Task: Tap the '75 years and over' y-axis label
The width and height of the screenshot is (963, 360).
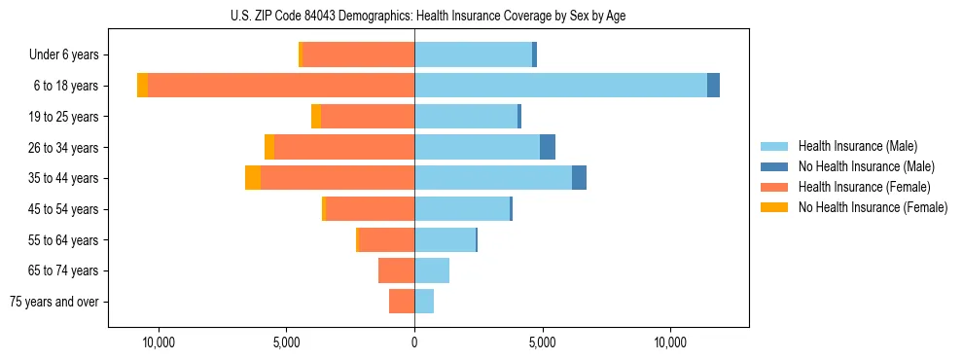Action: pos(54,302)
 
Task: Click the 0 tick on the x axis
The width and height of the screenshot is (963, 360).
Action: pos(414,342)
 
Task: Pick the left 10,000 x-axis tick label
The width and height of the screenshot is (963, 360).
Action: pos(158,342)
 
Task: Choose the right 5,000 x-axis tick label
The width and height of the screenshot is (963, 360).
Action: pos(542,342)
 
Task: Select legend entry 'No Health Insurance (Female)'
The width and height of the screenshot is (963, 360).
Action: pos(873,207)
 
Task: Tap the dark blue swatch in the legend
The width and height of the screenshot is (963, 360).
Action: pos(773,166)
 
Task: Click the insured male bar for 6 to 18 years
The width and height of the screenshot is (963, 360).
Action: pos(560,86)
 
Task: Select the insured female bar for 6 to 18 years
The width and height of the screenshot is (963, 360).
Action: pos(281,86)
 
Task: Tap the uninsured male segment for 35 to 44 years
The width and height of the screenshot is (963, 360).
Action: pos(579,178)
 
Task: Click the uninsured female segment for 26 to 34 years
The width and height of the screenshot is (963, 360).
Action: pos(269,147)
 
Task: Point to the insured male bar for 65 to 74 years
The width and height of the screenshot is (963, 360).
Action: pos(432,270)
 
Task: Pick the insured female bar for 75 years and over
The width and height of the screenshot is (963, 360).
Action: pos(402,302)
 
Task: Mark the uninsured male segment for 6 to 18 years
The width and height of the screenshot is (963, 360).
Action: pos(713,86)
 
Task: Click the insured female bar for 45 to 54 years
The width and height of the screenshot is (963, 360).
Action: pos(371,209)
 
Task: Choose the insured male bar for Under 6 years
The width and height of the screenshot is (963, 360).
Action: pos(473,55)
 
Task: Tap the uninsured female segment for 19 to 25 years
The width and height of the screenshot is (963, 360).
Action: pos(316,117)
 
